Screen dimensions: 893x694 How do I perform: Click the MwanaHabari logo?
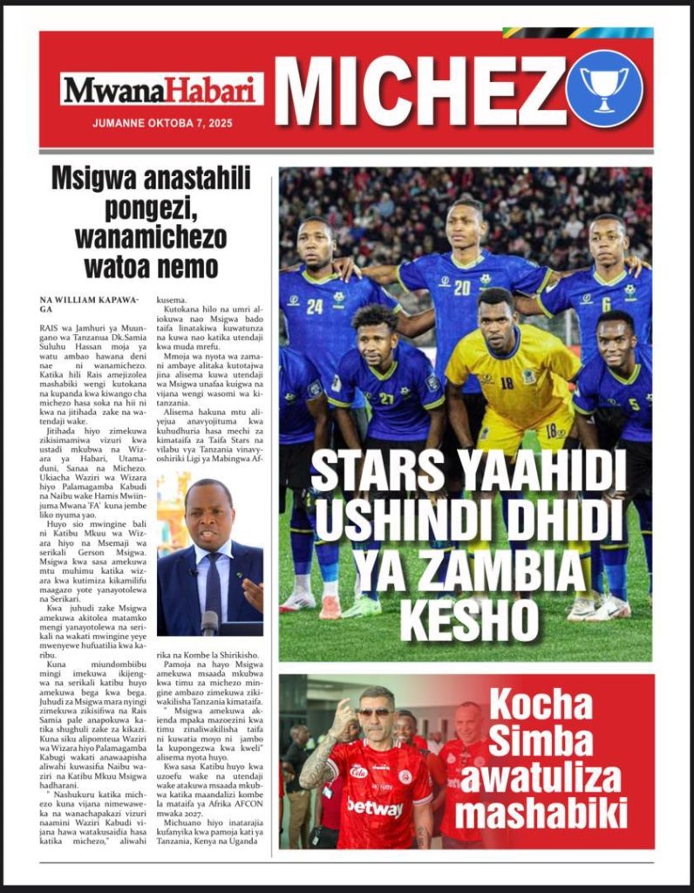[x=162, y=89]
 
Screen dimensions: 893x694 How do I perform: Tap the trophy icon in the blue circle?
[x=604, y=89]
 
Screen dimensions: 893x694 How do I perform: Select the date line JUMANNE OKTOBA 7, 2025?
[x=162, y=123]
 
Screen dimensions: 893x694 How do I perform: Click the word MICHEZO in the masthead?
[x=418, y=89]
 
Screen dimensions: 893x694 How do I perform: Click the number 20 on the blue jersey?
[x=461, y=288]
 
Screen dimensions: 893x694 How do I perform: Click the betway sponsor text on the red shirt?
[x=375, y=807]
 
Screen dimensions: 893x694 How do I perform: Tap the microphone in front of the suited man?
[x=209, y=621]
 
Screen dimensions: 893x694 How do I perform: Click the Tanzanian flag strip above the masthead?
[x=577, y=32]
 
